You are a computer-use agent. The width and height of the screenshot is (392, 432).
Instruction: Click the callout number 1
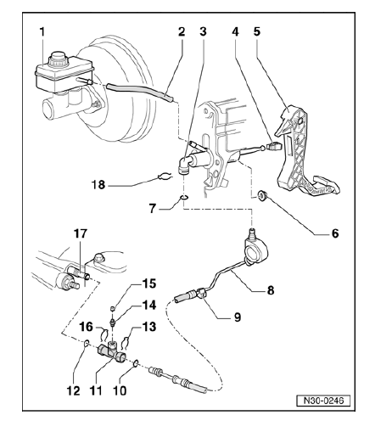(42, 31)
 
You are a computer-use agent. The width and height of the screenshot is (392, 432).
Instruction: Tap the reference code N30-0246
(323, 401)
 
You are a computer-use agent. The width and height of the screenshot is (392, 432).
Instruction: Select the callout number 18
(98, 185)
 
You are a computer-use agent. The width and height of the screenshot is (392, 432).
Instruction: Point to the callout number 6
(334, 233)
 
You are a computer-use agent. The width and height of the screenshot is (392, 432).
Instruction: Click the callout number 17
(81, 234)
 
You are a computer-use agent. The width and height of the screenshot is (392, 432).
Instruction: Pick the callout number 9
(238, 317)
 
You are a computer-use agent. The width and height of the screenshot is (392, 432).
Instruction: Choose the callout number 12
(73, 390)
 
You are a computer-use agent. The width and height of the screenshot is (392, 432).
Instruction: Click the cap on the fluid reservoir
(58, 59)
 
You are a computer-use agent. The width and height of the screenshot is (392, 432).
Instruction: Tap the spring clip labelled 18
(164, 177)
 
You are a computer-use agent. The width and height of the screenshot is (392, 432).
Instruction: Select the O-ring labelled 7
(184, 197)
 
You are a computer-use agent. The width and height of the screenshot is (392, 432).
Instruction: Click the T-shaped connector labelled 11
(112, 351)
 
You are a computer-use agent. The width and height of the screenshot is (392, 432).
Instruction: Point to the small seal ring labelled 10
(136, 363)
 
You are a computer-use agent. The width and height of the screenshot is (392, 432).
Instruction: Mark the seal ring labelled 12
(87, 344)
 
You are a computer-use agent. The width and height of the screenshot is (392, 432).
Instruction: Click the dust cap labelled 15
(112, 308)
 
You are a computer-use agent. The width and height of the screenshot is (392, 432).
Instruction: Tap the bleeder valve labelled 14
(113, 322)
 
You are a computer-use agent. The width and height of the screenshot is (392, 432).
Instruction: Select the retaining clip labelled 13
(125, 342)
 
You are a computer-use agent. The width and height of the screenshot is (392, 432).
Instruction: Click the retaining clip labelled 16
(104, 334)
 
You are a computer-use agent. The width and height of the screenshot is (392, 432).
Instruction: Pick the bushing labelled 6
(261, 195)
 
